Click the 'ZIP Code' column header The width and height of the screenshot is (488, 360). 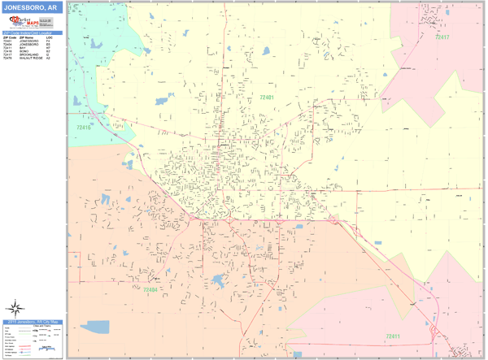pyautogui.click(x=8, y=38)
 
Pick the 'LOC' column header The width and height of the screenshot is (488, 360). pyautogui.click(x=49, y=38)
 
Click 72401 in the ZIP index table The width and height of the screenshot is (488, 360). pyautogui.click(x=7, y=41)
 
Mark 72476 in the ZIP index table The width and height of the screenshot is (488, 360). pyautogui.click(x=7, y=59)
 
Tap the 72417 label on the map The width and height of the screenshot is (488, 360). pyautogui.click(x=442, y=37)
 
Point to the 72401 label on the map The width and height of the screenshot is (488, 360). pyautogui.click(x=267, y=98)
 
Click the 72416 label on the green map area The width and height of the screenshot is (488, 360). pyautogui.click(x=84, y=127)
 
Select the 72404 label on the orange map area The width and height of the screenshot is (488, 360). pyautogui.click(x=150, y=289)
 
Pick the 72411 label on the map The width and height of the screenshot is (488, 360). pyautogui.click(x=394, y=336)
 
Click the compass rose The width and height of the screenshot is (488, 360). pyautogui.click(x=15, y=308)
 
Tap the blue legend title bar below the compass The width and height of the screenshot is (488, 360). pyautogui.click(x=33, y=322)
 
